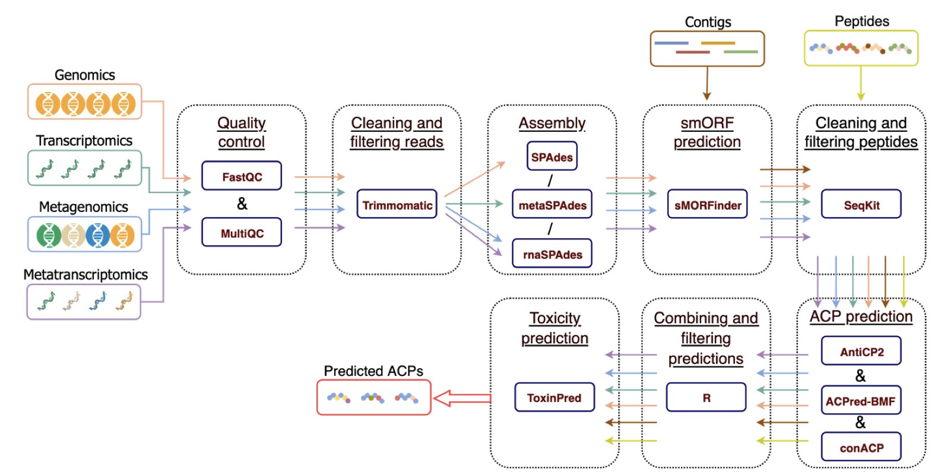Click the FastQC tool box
(242, 176)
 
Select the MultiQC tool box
(242, 233)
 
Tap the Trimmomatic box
(397, 205)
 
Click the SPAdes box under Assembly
(552, 157)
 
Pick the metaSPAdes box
(552, 205)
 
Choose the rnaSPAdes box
(552, 254)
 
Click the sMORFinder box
(707, 205)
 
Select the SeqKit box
(861, 205)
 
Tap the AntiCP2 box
(861, 351)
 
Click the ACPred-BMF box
(861, 401)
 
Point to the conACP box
(861, 448)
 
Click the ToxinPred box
(554, 397)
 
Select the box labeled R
(706, 397)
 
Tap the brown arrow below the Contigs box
(707, 83)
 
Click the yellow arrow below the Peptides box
(861, 83)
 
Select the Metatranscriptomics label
(85, 274)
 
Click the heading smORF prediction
(707, 132)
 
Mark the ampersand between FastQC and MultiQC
(242, 204)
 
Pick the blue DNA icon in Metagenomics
(97, 235)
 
